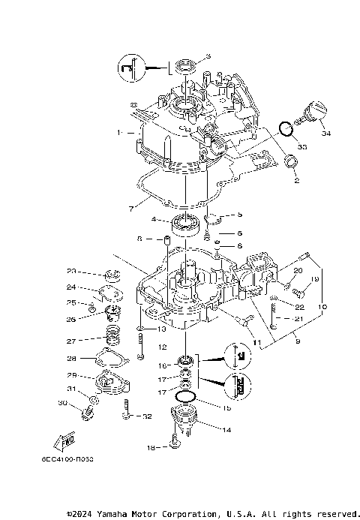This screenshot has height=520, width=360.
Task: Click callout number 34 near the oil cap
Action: point(325,134)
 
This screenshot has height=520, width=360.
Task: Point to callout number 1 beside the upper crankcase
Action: point(118,132)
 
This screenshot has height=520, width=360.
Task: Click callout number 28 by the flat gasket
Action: point(71,358)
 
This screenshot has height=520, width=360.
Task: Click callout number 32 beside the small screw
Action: point(147,416)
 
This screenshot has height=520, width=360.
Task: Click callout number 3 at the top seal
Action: point(208,57)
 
